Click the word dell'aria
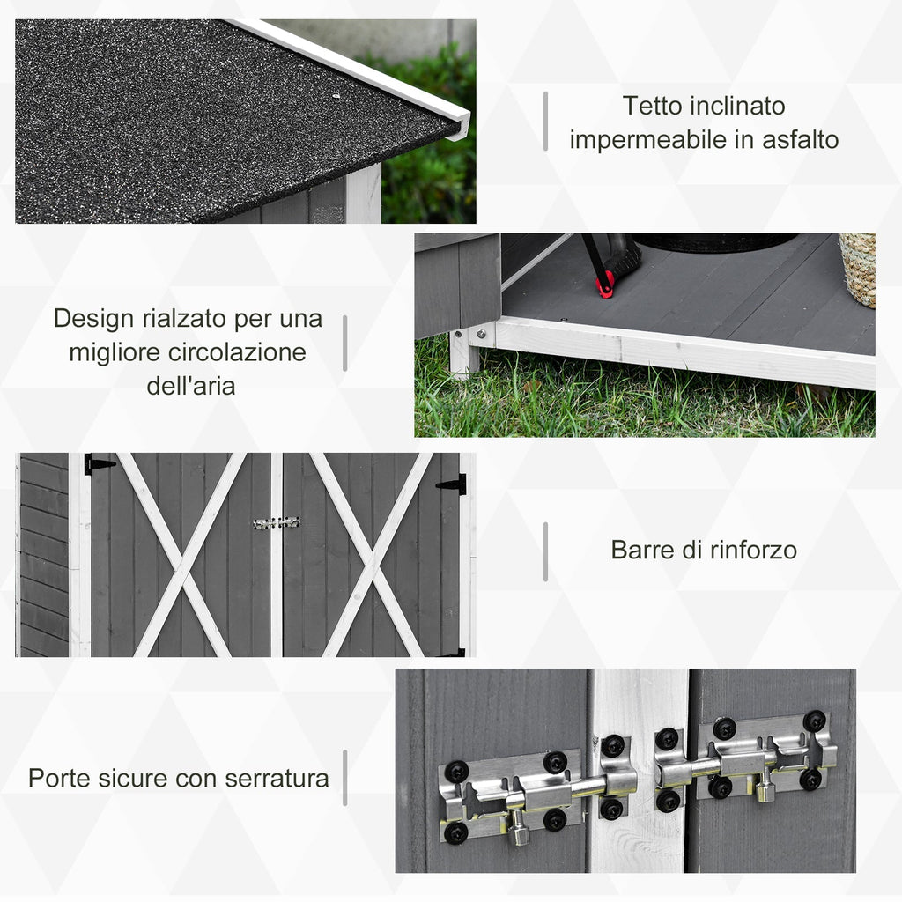pos(190,386)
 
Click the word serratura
pos(277,778)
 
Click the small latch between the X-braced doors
pos(277,522)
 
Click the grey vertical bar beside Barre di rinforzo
pos(545,551)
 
